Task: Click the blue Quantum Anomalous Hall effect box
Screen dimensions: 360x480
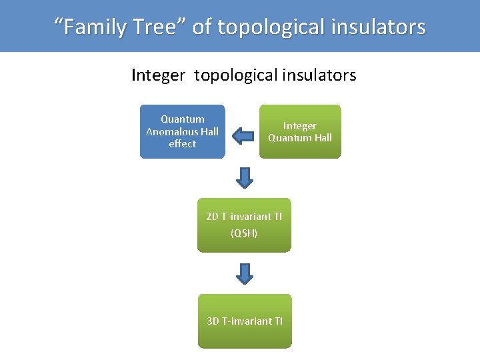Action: [182, 131]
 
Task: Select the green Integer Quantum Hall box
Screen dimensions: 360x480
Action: [299, 131]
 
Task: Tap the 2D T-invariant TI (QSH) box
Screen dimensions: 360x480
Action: [244, 225]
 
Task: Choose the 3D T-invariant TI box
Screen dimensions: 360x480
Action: [245, 321]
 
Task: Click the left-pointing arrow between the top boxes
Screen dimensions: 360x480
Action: [243, 137]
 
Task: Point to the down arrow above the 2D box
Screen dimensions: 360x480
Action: [245, 178]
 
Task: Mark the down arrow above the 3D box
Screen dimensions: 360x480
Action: [245, 273]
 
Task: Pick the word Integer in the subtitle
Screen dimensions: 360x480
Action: [157, 75]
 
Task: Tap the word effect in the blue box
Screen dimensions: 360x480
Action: [182, 143]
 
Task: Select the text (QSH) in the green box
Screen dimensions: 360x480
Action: [244, 233]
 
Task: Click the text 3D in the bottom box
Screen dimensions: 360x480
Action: [213, 321]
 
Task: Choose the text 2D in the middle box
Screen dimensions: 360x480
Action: [213, 217]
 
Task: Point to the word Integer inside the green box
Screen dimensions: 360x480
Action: [300, 126]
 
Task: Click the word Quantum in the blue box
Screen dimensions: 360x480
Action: [183, 119]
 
